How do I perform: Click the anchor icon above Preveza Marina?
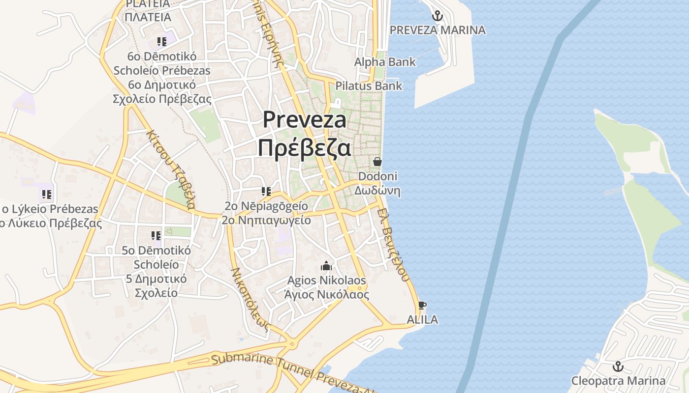coord(437,16)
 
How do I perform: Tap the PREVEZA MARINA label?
coord(438,30)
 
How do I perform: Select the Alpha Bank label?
coord(385,62)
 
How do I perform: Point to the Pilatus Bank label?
coord(369,86)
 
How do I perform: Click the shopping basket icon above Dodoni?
coord(377,162)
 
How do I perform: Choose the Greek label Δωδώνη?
coord(377,191)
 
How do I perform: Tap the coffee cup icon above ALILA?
coord(422,305)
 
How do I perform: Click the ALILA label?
coord(422,320)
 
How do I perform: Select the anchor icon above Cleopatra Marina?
coord(618,366)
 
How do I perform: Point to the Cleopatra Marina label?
coord(618,381)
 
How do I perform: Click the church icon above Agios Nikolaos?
coord(326,266)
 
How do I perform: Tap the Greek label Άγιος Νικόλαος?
coord(327,295)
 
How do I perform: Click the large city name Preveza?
coord(304,120)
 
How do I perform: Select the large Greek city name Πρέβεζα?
coord(304,147)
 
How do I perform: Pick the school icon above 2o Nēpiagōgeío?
coord(266,192)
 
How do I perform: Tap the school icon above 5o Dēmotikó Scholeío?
coord(156,236)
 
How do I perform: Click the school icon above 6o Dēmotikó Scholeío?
coord(162,42)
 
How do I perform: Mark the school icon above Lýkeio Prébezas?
coord(47,195)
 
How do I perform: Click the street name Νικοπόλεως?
coord(251,299)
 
